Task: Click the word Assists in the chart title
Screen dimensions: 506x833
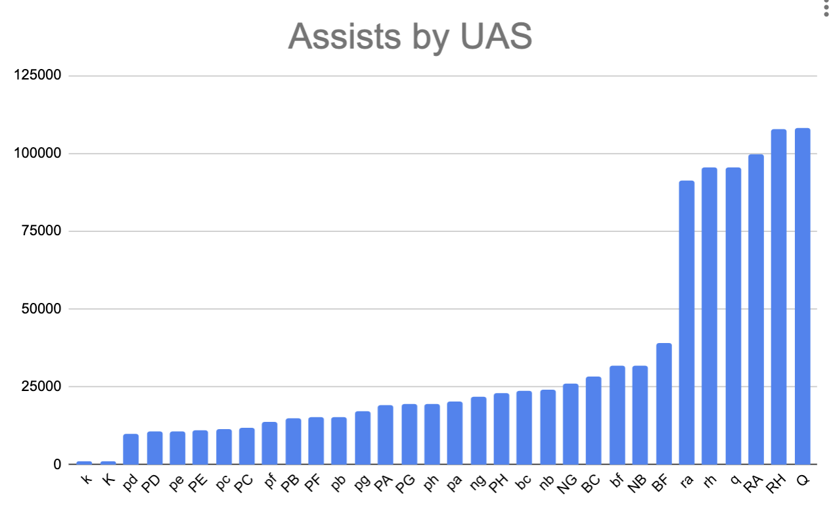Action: point(333,37)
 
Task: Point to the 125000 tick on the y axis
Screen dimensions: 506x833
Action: point(38,76)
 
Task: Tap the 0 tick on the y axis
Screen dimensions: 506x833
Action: point(57,465)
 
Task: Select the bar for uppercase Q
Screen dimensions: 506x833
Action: point(802,296)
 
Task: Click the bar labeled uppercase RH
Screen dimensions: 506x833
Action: point(778,296)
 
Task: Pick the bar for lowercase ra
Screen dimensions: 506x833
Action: point(687,322)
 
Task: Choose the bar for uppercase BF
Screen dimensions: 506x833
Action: point(664,403)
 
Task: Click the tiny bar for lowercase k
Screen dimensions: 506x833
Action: point(84,463)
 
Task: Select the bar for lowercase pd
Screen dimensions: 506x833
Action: point(131,449)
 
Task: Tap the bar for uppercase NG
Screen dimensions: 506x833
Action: point(571,424)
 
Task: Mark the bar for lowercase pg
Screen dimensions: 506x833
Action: point(363,438)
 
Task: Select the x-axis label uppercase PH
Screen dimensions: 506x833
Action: point(499,482)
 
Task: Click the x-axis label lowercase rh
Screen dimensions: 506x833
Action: point(709,480)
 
